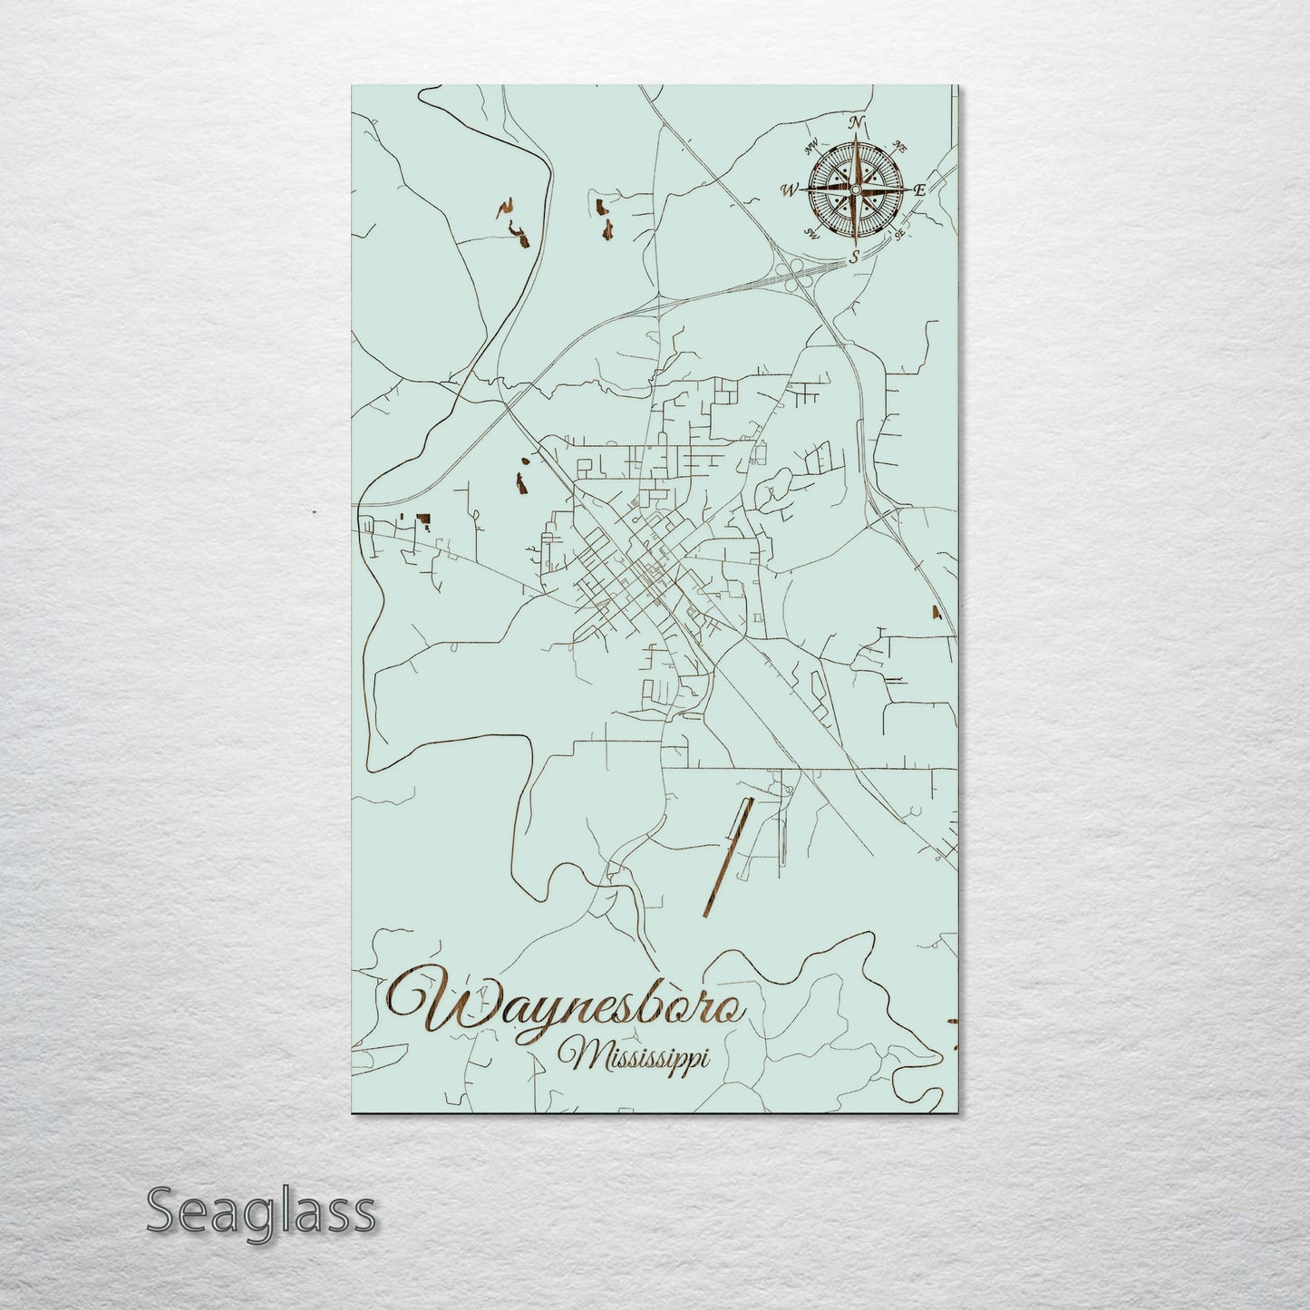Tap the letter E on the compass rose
(919, 190)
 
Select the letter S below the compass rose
(853, 257)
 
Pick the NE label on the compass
(899, 145)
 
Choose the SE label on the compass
(899, 234)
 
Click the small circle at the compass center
(855, 189)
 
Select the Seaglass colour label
(260, 1210)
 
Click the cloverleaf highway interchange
(799, 272)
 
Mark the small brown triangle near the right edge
(937, 612)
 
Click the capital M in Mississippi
(577, 1054)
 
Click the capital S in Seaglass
(164, 1210)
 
